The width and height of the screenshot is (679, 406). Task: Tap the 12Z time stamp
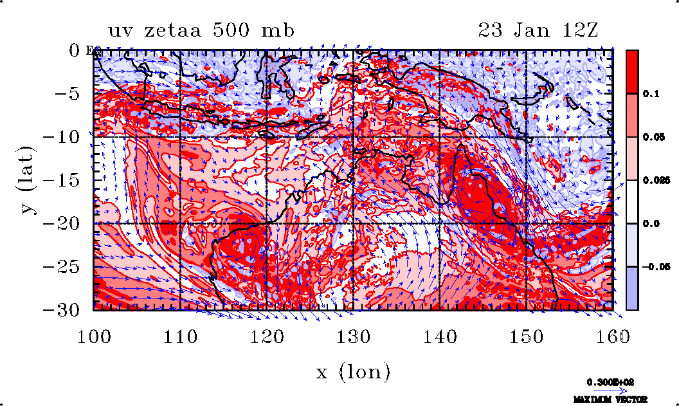577,30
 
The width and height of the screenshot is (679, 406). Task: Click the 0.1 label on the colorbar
649,94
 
